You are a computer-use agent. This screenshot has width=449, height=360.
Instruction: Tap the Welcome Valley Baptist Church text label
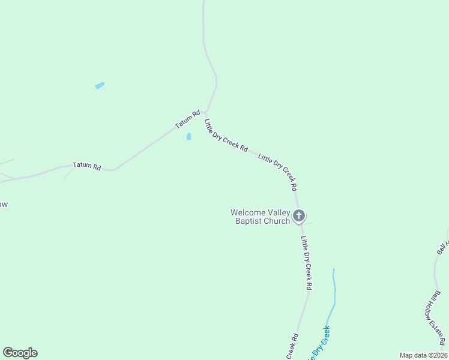coord(261,217)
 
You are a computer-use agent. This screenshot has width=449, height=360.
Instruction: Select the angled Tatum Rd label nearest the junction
coord(187,118)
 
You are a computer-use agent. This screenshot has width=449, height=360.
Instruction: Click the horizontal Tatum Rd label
coord(86,166)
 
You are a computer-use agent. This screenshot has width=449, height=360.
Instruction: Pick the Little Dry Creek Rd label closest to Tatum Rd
coord(226,136)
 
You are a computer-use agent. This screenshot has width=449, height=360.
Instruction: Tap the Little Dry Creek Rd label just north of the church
coord(278,172)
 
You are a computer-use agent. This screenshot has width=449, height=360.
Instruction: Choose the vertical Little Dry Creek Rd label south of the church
coord(306,263)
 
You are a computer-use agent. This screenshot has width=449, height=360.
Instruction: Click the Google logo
coord(20,353)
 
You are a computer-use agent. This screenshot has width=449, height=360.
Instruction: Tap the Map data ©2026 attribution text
coord(423,355)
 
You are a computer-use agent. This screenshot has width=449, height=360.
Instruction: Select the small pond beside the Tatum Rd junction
coord(188,137)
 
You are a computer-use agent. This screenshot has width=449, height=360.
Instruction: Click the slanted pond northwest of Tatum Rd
coord(100,86)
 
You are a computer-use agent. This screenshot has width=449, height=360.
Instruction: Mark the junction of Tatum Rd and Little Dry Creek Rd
coord(205,112)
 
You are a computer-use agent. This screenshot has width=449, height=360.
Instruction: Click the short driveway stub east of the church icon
coord(309,224)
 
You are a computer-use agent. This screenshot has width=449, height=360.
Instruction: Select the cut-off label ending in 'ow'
coord(4,205)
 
